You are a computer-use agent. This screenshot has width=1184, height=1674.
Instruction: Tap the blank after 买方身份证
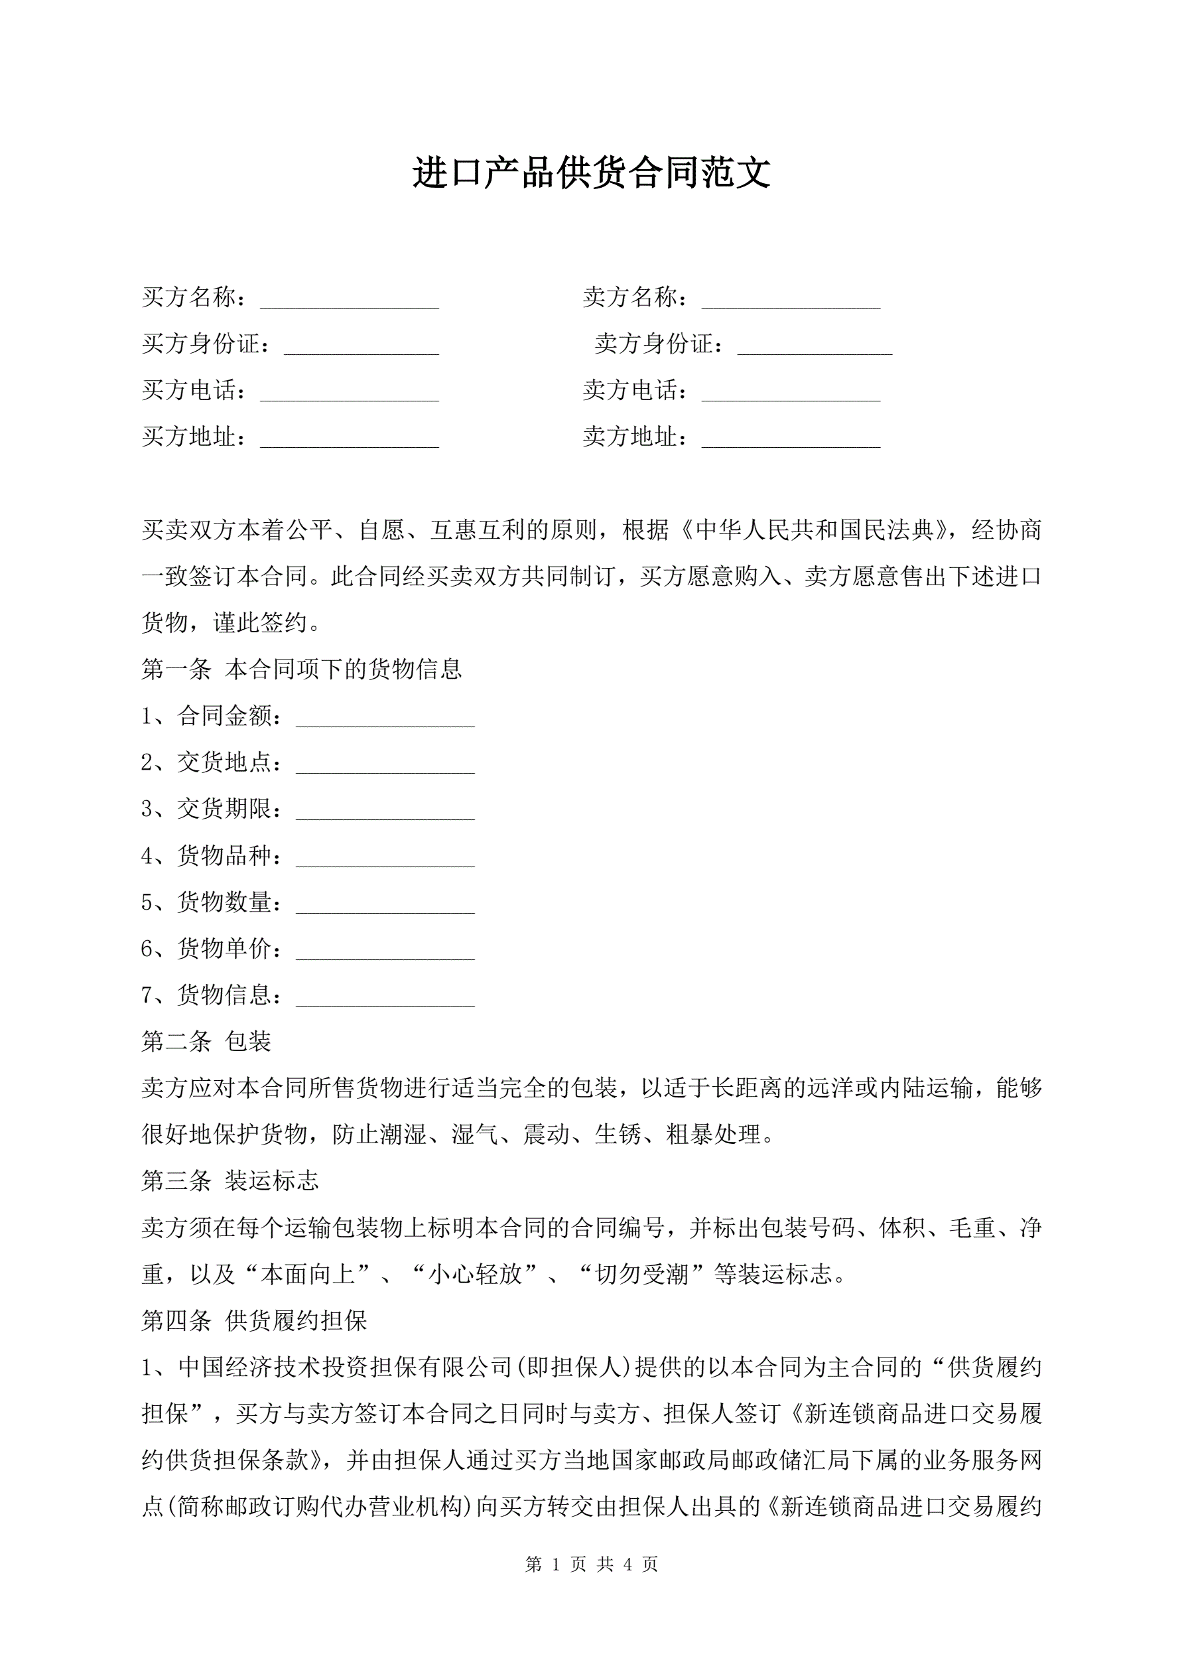point(361,347)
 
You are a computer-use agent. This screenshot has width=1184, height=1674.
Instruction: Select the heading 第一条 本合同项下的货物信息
point(301,669)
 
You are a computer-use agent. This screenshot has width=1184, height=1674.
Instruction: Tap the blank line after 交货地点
point(385,766)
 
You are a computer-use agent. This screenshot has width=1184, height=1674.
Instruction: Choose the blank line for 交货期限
point(385,813)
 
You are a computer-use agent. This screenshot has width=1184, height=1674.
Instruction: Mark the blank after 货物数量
point(385,906)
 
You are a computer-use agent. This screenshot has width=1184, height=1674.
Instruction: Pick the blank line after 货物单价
point(385,953)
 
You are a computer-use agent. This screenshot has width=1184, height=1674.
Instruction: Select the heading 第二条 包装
point(206,1041)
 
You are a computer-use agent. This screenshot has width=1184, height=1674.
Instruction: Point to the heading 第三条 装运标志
point(230,1181)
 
